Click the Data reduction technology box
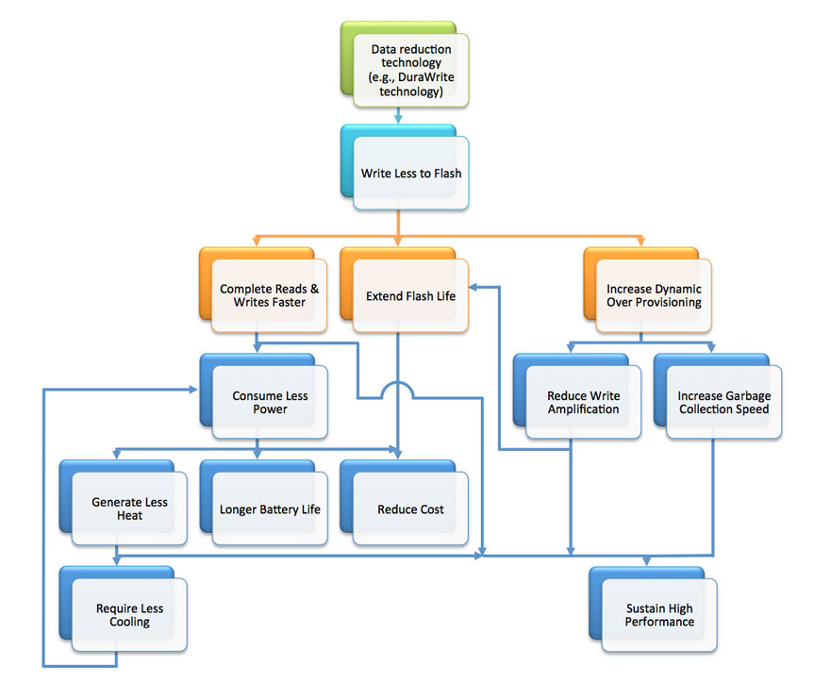pos(405,64)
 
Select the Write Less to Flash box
pos(405,167)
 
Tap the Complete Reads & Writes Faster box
pos(263,290)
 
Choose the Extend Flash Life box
pos(405,290)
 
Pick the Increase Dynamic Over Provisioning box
pos(648,290)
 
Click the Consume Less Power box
pos(264,396)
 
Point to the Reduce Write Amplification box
pos(577,396)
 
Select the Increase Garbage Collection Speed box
pos(718,396)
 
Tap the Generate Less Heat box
pos(124,503)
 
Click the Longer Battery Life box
pos(264,503)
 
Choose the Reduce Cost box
pos(405,503)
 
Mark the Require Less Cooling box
pos(124,609)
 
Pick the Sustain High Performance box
pos(654,609)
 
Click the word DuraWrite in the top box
pos(426,76)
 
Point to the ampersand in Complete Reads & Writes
pos(315,289)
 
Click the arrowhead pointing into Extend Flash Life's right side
pos(474,288)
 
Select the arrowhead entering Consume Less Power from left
pos(194,390)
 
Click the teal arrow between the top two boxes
pos(398,116)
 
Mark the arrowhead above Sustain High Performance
pos(646,561)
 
